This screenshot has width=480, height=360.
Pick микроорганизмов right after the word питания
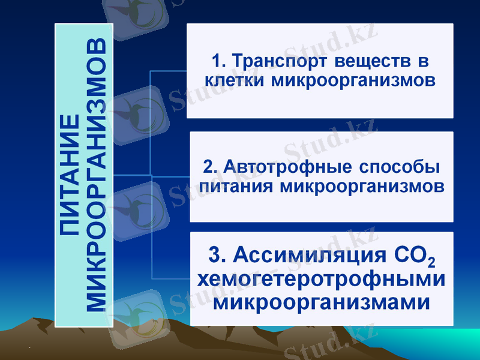point(362,186)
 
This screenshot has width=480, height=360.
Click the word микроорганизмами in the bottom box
point(321,301)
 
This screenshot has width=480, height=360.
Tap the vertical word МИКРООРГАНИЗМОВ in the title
point(96,175)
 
